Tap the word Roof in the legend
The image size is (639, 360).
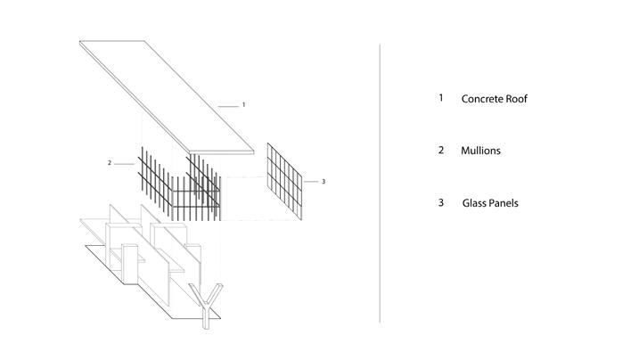pyautogui.click(x=518, y=99)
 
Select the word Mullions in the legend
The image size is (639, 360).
pyautogui.click(x=480, y=151)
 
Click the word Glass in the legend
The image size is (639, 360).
pyautogui.click(x=476, y=203)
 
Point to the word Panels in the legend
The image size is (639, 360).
pyautogui.click(x=505, y=203)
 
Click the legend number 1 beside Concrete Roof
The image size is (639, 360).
pyautogui.click(x=440, y=98)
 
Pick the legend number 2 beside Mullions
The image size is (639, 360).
pyautogui.click(x=440, y=151)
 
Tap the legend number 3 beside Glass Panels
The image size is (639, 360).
pyautogui.click(x=440, y=203)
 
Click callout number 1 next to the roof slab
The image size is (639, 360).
pyautogui.click(x=243, y=104)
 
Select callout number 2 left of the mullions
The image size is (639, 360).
pyautogui.click(x=109, y=163)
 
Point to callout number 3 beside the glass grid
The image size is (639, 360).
pyautogui.click(x=323, y=181)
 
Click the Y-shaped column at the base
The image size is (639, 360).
pyautogui.click(x=207, y=303)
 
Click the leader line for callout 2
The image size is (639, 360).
pyautogui.click(x=124, y=163)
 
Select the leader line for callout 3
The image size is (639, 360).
pyautogui.click(x=310, y=181)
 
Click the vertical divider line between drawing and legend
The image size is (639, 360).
pyautogui.click(x=381, y=178)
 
